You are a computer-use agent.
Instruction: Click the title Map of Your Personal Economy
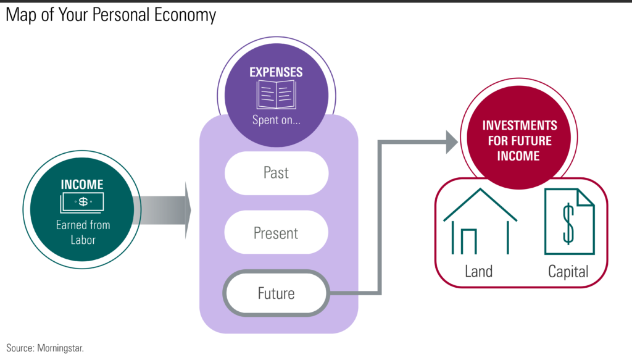click(111, 15)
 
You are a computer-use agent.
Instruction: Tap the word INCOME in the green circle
click(82, 184)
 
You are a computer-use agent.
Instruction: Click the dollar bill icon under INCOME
click(83, 202)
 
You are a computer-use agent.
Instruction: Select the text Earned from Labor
click(83, 232)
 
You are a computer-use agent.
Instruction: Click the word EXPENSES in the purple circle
click(276, 72)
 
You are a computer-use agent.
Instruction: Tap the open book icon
click(276, 96)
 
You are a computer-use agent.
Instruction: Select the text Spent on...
click(276, 120)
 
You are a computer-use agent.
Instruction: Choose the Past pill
click(276, 173)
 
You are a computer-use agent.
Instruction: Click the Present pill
click(276, 233)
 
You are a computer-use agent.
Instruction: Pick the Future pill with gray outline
click(276, 293)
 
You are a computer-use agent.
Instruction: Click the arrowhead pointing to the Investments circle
click(450, 142)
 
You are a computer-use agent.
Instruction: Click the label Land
click(480, 271)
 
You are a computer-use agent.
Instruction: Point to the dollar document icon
click(568, 222)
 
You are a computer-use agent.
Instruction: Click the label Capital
click(568, 271)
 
